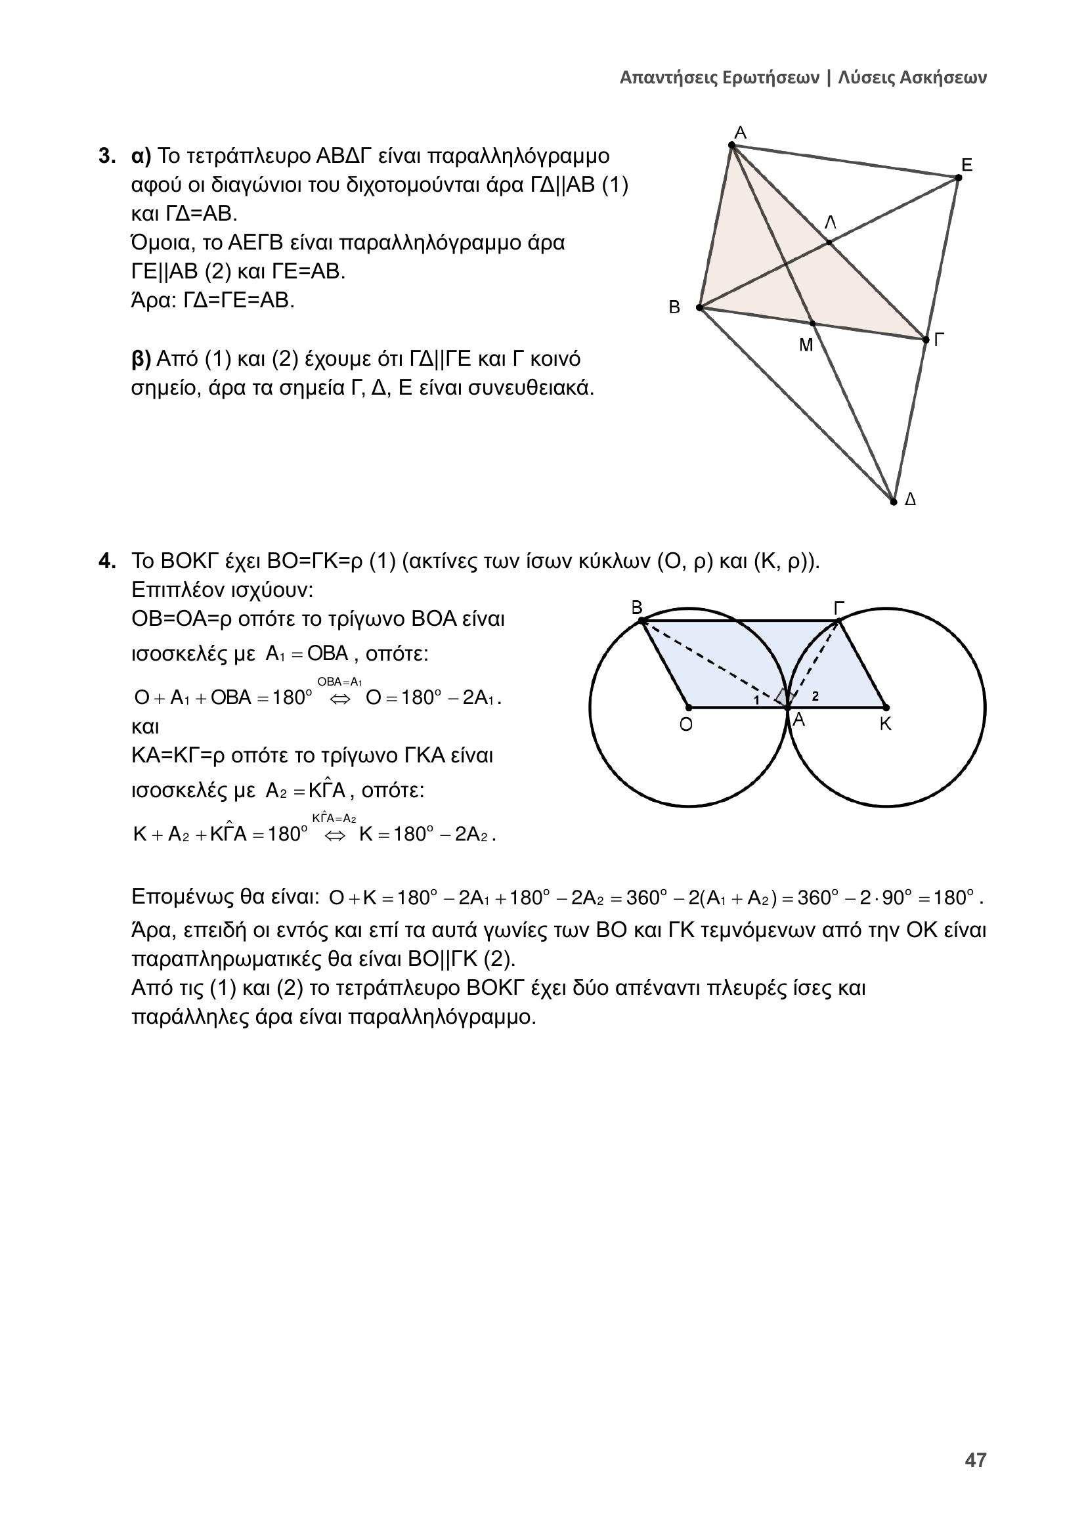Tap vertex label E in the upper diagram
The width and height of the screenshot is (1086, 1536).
pyautogui.click(x=967, y=165)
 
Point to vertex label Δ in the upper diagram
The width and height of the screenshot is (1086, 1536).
pyautogui.click(x=910, y=500)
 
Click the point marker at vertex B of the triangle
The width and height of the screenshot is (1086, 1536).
pyautogui.click(x=699, y=308)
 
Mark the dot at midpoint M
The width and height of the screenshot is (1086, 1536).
pyautogui.click(x=812, y=323)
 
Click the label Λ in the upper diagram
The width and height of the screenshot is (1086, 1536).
pyautogui.click(x=830, y=223)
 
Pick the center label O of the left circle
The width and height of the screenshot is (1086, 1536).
pyautogui.click(x=686, y=725)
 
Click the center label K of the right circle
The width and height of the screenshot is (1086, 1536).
pyautogui.click(x=885, y=724)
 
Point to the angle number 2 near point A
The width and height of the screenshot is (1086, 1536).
pyautogui.click(x=815, y=695)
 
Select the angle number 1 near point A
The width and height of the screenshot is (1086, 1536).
pyautogui.click(x=756, y=700)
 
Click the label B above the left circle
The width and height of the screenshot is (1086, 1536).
pyautogui.click(x=637, y=607)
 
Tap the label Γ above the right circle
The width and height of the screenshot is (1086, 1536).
pyautogui.click(x=839, y=607)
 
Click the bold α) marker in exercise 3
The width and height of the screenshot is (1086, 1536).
pyautogui.click(x=142, y=156)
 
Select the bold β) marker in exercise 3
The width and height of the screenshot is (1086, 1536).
pyautogui.click(x=142, y=360)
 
